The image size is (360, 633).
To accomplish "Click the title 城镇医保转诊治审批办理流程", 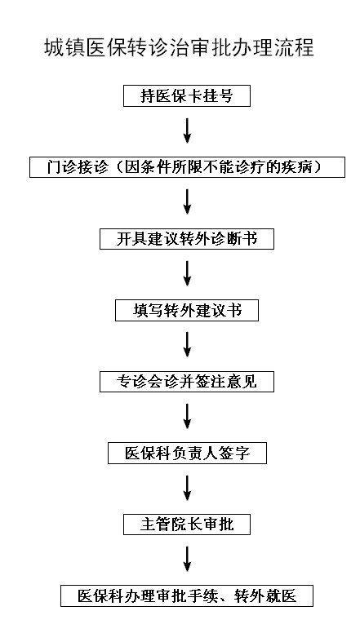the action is pos(179,47).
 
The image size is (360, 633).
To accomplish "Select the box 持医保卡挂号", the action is pos(187,96).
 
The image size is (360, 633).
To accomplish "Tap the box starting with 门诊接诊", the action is pos(187,167).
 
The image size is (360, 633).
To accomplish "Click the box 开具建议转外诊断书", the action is pos(187,239).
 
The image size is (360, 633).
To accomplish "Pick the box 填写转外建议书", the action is pos(187,311).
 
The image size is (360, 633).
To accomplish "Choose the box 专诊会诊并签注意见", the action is pos(187,382).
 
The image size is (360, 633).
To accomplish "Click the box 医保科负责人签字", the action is pos(187,453).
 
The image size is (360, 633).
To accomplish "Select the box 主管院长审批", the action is pos(187,525).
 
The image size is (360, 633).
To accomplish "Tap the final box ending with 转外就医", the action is pos(187,595).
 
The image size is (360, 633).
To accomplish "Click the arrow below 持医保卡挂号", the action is pos(187,131).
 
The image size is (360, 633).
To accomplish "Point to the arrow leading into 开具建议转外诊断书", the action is pos(187,201).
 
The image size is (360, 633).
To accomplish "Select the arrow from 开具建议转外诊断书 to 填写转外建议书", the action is pos(187,273).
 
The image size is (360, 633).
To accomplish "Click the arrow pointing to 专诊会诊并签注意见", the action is pos(187,345).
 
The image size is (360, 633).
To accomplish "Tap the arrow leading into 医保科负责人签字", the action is pos(187,416).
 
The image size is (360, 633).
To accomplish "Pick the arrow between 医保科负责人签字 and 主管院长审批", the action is pos(187,488).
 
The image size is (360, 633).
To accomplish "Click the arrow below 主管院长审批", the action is pos(187,559).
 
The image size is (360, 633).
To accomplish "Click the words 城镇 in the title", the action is pos(64,47).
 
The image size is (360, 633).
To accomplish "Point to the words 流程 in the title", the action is pos(294,47).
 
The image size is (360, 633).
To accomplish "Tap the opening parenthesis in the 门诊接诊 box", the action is pos(118,167).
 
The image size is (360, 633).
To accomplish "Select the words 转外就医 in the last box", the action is pos(265,595).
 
